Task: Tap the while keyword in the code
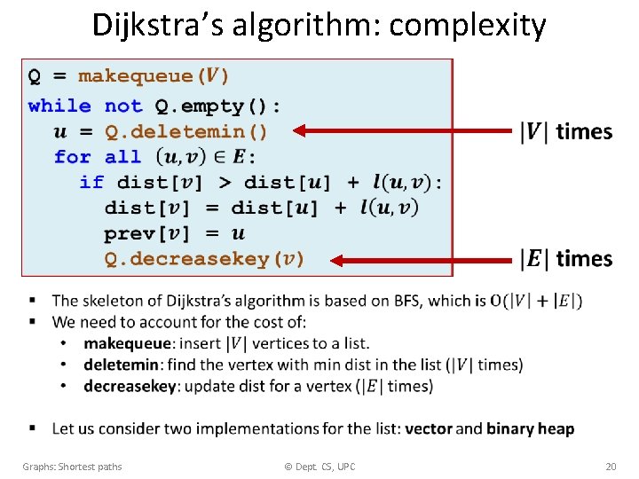pos(59,106)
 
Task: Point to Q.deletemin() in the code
pos(185,131)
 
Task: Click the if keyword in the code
pos(91,182)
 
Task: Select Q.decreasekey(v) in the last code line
pos(204,259)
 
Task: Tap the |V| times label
pos(565,132)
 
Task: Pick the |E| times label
pos(565,259)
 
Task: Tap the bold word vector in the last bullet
pos(429,428)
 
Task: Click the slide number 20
pos(610,467)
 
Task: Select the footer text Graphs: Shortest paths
pos(73,467)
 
